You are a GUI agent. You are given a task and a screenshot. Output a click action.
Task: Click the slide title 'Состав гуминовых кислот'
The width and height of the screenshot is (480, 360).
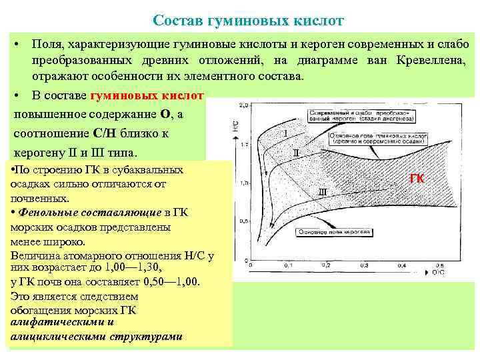(248, 21)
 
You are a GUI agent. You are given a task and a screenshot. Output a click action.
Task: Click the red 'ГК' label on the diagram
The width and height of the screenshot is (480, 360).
(417, 179)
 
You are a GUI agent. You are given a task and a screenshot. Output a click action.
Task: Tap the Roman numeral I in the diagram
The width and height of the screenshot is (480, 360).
(285, 133)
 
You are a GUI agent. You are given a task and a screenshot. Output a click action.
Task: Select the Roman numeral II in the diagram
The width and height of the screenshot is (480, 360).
(296, 153)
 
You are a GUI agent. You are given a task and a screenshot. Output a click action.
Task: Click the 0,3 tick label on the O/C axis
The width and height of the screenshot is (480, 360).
(361, 265)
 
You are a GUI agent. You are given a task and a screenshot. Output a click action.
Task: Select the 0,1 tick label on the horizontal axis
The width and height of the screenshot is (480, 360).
(288, 265)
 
